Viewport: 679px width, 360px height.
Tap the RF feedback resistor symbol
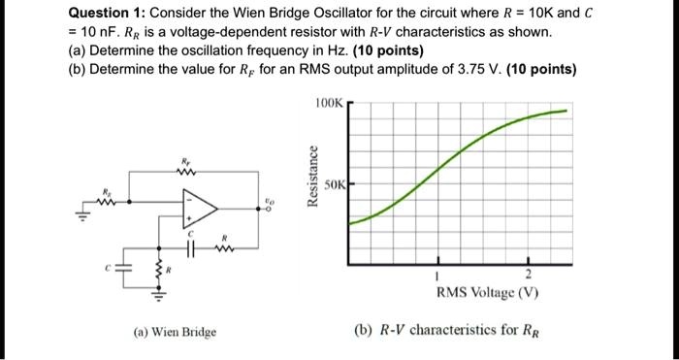pyautogui.click(x=185, y=173)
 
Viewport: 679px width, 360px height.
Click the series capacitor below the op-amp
pyautogui.click(x=192, y=247)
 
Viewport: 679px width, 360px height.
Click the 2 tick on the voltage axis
pyautogui.click(x=529, y=275)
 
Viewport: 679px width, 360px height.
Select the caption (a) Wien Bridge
pyautogui.click(x=176, y=332)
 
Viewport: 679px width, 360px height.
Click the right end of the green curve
pyautogui.click(x=565, y=111)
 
